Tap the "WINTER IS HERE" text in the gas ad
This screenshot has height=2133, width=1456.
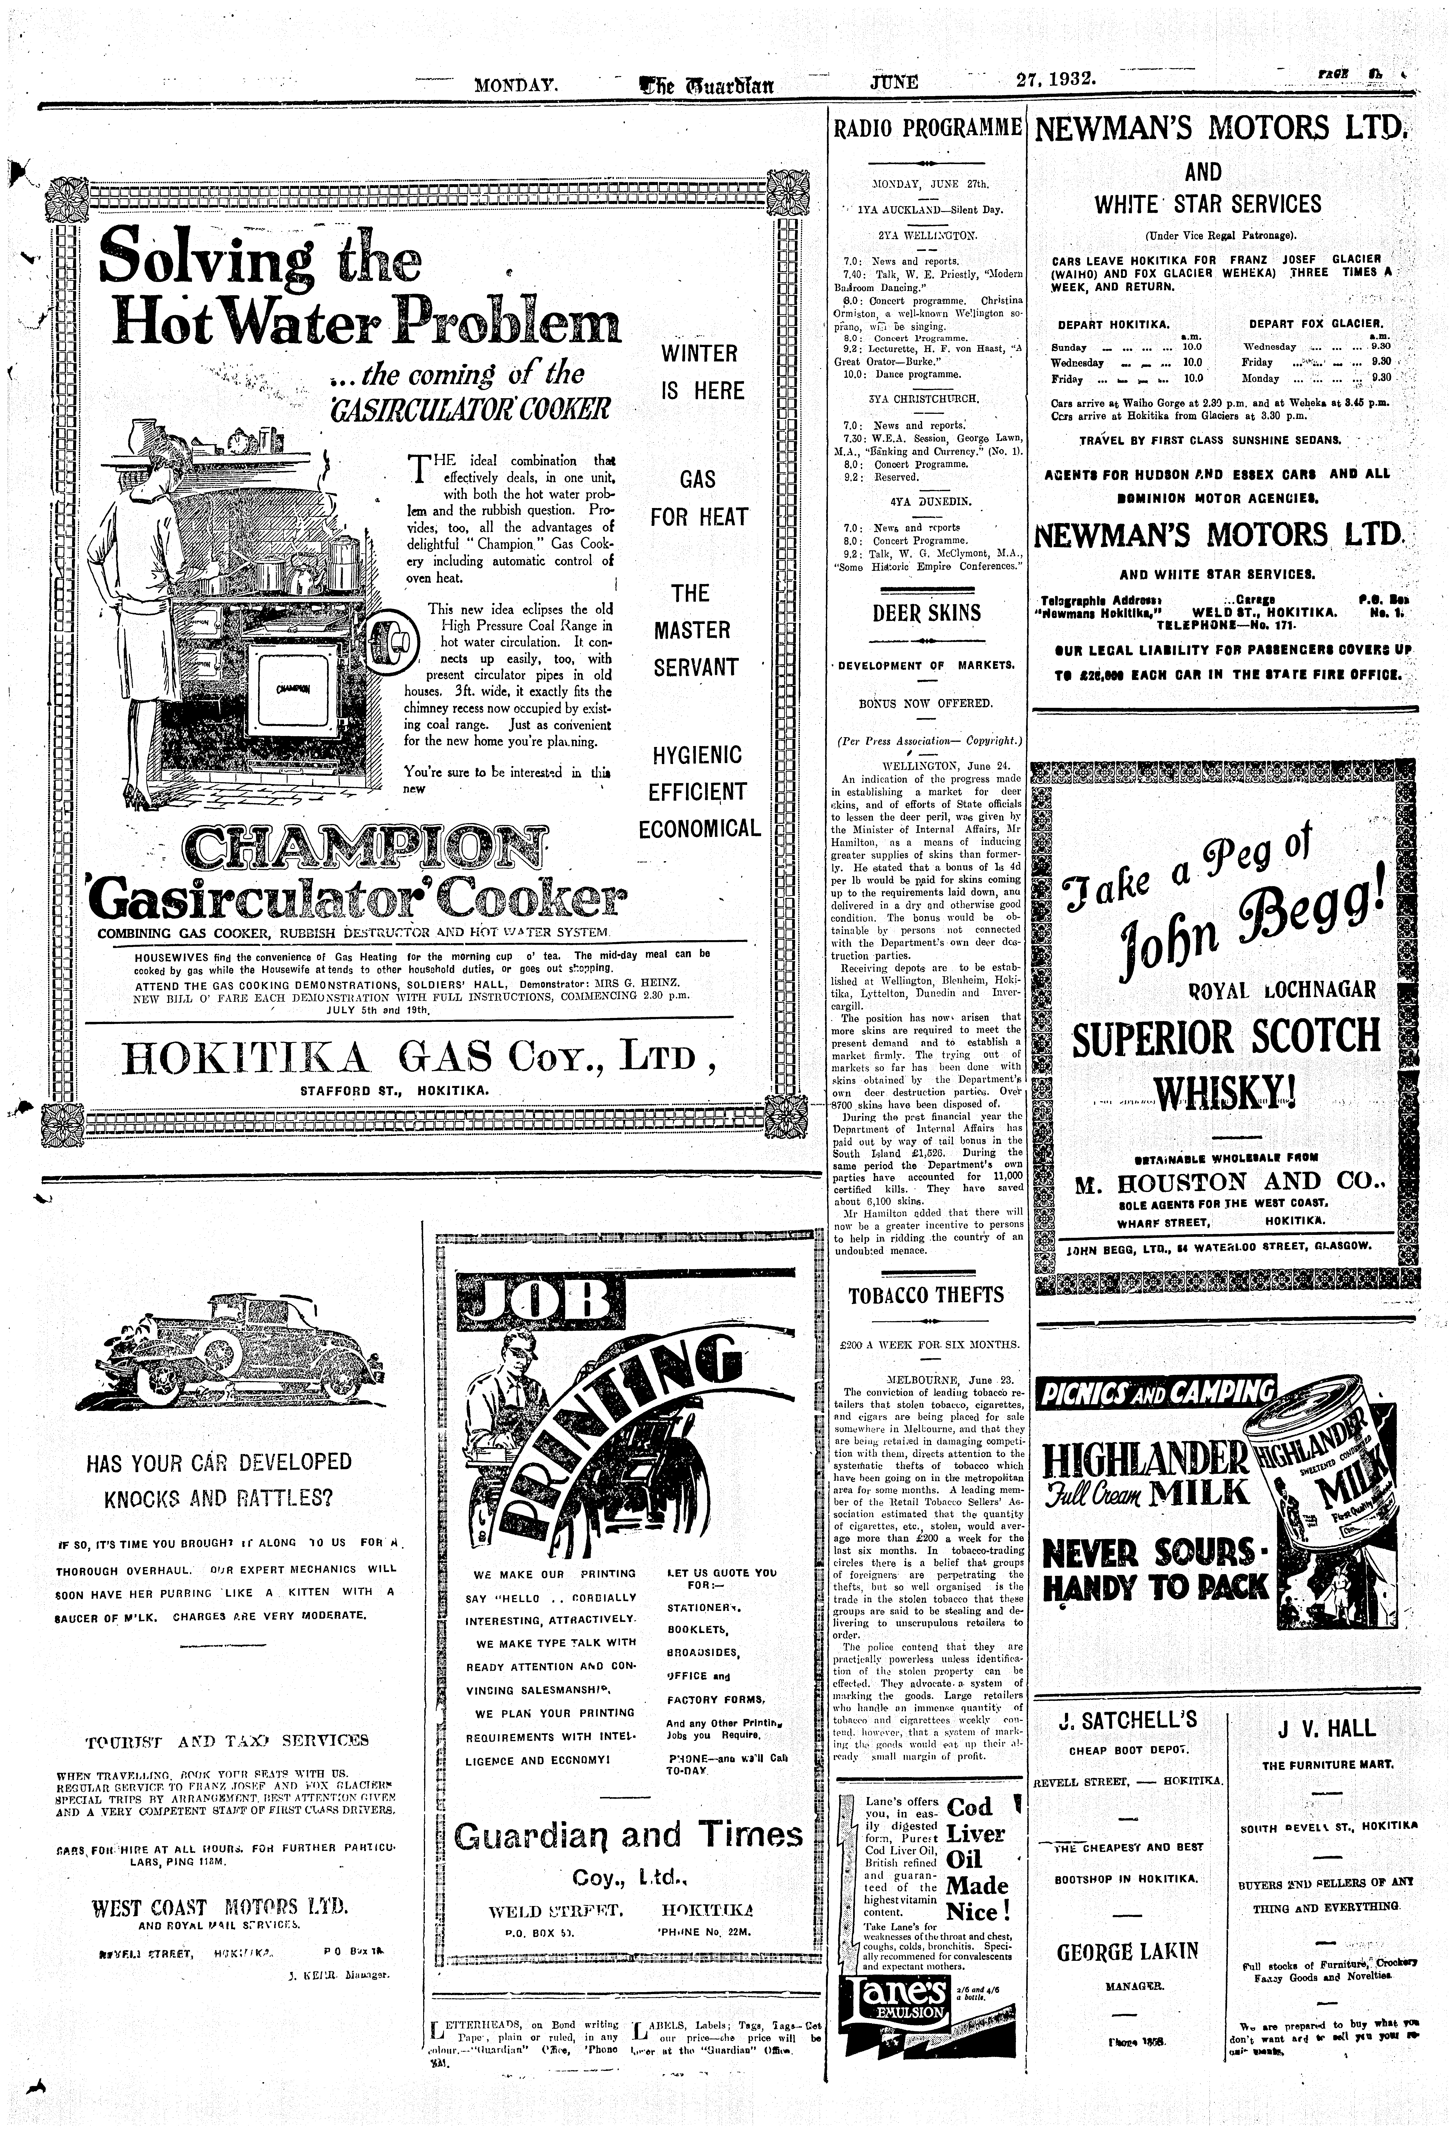[x=700, y=372]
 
